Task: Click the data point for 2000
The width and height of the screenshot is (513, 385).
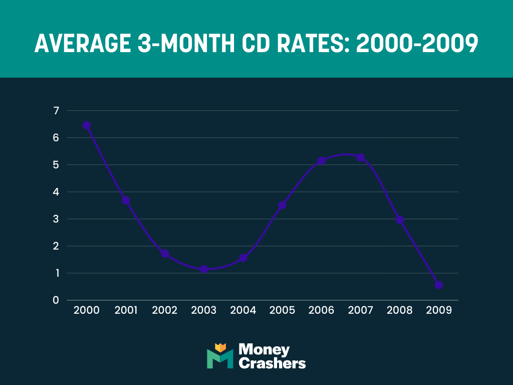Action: click(x=87, y=125)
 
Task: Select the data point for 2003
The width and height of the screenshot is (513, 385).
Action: click(x=204, y=269)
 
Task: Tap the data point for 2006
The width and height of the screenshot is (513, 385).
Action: click(x=321, y=160)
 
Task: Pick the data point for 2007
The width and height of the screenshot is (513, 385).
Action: click(x=360, y=157)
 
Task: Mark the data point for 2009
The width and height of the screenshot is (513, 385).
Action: click(x=439, y=285)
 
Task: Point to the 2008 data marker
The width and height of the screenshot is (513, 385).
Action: click(x=399, y=220)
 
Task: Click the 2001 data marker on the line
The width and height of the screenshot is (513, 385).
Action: click(x=126, y=200)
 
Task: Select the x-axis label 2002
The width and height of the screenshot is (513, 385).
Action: click(x=165, y=310)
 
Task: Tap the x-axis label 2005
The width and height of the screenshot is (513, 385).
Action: click(x=282, y=310)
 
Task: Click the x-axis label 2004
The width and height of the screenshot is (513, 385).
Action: click(x=243, y=310)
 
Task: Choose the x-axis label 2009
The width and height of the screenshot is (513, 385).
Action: click(x=439, y=310)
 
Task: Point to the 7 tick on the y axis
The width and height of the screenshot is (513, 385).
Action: click(x=56, y=110)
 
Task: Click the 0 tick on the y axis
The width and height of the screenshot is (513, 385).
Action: click(x=56, y=300)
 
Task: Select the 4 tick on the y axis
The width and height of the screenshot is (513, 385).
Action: click(x=56, y=192)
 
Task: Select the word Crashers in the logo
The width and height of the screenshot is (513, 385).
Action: click(x=272, y=363)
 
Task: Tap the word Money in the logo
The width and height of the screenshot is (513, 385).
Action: click(x=264, y=349)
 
